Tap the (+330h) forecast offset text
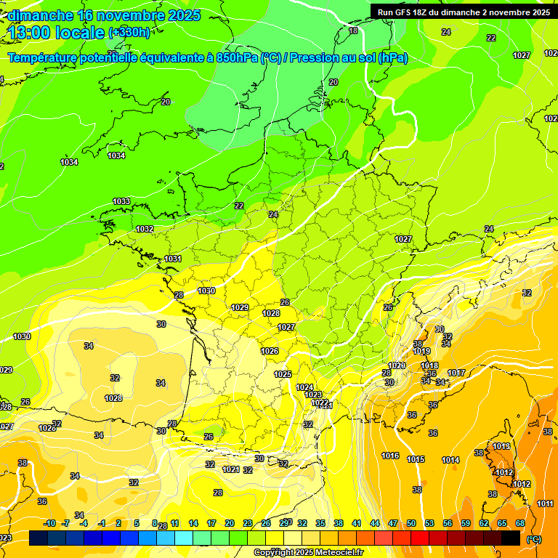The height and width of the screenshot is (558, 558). click(x=129, y=32)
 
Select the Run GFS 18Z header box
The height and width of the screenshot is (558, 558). click(x=464, y=12)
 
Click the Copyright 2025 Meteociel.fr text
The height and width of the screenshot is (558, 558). click(x=308, y=552)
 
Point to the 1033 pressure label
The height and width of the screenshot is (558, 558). click(x=121, y=201)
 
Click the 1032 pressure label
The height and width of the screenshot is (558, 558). click(x=145, y=229)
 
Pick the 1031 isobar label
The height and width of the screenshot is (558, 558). click(x=172, y=259)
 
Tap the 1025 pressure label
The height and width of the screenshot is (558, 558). click(x=283, y=374)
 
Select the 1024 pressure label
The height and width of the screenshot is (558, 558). click(x=304, y=387)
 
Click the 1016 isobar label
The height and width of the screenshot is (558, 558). click(x=390, y=456)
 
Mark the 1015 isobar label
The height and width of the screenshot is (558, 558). click(x=416, y=459)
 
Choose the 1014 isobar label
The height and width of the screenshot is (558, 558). click(x=450, y=460)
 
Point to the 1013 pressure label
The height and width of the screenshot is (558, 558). click(x=501, y=446)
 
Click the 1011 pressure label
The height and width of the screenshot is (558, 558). click(x=545, y=504)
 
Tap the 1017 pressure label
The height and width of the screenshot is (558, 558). click(x=456, y=373)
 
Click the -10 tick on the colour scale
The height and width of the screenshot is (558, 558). click(x=49, y=523)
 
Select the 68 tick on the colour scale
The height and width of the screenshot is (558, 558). click(x=520, y=523)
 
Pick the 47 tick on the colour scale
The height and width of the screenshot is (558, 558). click(x=393, y=523)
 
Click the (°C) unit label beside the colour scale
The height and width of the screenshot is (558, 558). click(x=534, y=539)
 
